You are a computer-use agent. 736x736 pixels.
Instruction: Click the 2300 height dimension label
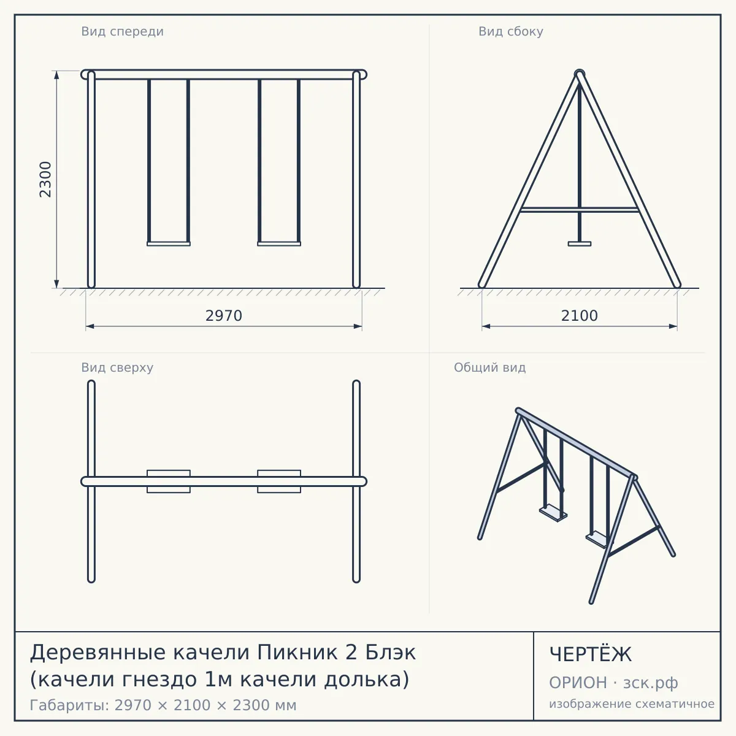coord(45,179)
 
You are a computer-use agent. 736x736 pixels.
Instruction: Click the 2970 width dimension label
coord(224,316)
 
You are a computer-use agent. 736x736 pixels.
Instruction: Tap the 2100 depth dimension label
coord(580,316)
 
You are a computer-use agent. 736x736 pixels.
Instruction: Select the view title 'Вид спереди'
coord(122,31)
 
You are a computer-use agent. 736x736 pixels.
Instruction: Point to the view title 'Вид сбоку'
coord(511,31)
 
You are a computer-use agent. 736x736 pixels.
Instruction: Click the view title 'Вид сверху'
coord(117,367)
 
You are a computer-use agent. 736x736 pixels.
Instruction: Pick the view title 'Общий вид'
coord(489,367)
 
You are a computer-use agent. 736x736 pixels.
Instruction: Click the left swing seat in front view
coord(169,243)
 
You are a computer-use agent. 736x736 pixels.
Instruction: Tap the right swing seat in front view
coord(279,243)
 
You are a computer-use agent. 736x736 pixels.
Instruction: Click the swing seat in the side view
coord(580,243)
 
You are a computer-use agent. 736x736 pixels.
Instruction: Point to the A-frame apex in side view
coord(580,73)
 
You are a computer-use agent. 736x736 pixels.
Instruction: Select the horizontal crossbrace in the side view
coord(580,210)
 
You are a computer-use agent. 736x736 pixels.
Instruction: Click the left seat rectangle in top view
coord(169,481)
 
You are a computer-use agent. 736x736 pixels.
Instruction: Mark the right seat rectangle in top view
coord(279,481)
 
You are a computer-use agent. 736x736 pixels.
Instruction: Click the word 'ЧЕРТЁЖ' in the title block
coord(591,654)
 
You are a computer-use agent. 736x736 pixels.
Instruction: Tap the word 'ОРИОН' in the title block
coord(578,683)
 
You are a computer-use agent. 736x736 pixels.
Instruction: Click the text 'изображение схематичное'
coord(632,703)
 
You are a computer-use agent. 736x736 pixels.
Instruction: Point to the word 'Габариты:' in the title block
coord(69,705)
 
